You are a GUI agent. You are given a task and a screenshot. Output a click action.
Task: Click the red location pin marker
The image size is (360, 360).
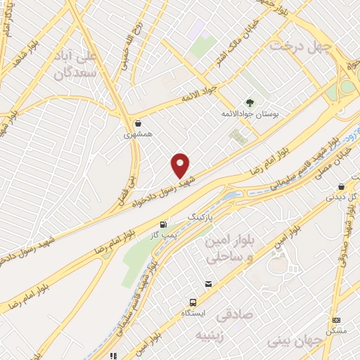[181, 165]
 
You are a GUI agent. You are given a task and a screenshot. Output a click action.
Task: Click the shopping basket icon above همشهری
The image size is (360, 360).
[139, 122]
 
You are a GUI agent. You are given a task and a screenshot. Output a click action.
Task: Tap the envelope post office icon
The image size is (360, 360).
[208, 284]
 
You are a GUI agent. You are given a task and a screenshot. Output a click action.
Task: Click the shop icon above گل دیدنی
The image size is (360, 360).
[341, 186]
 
